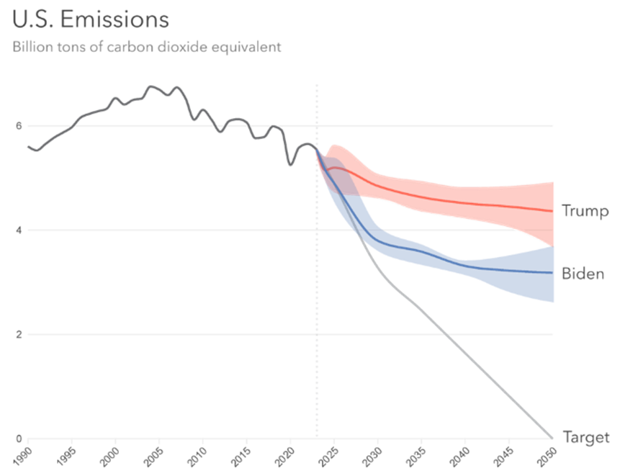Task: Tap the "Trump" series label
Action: click(x=585, y=211)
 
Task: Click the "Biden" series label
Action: click(x=583, y=274)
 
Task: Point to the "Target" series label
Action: click(x=585, y=437)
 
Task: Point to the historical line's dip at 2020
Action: click(x=290, y=165)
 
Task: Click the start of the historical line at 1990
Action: click(x=28, y=146)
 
